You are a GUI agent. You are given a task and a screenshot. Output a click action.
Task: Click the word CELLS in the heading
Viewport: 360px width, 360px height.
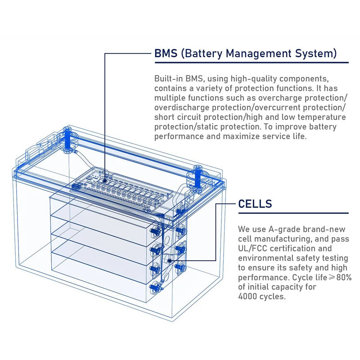click(255, 204)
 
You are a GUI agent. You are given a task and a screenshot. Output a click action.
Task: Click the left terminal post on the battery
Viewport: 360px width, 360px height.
click(68, 137)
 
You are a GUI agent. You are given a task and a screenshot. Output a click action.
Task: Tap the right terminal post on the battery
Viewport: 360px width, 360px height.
click(198, 176)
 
